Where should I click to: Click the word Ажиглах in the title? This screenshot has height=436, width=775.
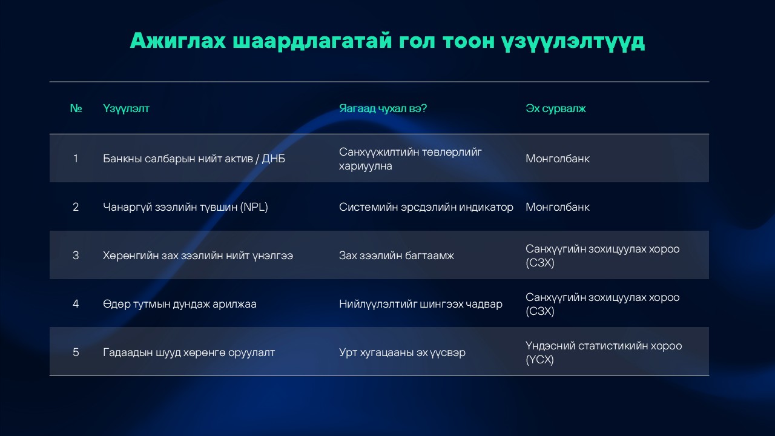click(x=178, y=41)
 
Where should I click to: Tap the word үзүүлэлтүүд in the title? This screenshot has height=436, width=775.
click(x=573, y=42)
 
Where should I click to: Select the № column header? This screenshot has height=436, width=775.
click(x=76, y=108)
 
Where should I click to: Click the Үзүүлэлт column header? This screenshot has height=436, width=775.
click(x=126, y=108)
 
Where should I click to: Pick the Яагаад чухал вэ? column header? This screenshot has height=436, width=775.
click(x=383, y=108)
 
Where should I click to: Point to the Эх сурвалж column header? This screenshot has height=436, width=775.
click(x=556, y=108)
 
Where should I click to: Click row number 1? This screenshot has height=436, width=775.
click(x=76, y=159)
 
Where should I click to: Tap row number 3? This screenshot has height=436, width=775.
click(x=76, y=256)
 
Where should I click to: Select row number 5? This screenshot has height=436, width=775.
click(x=76, y=352)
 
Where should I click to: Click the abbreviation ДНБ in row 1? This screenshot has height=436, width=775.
click(x=273, y=159)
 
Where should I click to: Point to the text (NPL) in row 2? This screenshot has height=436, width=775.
click(x=254, y=207)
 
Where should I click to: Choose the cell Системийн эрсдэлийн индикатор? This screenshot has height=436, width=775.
click(x=426, y=207)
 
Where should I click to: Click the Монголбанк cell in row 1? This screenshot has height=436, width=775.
click(x=558, y=159)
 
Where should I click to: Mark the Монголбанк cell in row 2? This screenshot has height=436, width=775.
click(x=558, y=207)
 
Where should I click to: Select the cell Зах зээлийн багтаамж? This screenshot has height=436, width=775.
click(x=396, y=256)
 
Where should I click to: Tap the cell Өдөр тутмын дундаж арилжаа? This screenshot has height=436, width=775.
click(x=180, y=304)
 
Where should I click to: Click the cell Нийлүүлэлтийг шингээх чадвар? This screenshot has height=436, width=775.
click(x=420, y=304)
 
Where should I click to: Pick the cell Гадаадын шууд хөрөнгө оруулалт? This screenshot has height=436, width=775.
click(x=188, y=352)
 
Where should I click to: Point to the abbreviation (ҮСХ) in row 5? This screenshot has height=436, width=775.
click(x=539, y=360)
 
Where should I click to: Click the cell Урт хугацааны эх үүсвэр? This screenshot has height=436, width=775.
click(x=402, y=352)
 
